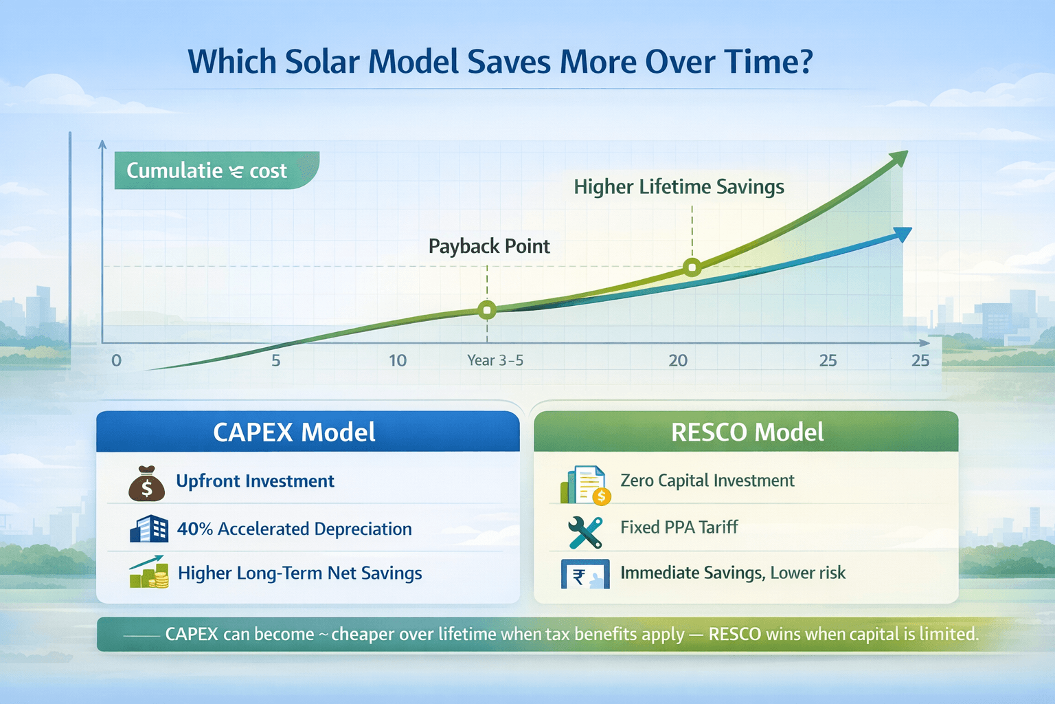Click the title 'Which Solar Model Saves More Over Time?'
coord(500,62)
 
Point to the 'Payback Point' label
coord(489,246)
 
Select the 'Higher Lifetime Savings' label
coord(679,187)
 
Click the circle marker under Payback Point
coord(487,310)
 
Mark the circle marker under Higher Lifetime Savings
coord(692,267)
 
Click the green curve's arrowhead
coord(899,159)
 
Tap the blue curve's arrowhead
coord(904,234)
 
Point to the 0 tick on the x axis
coord(116,360)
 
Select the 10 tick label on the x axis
coord(398,360)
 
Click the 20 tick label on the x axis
coord(678,360)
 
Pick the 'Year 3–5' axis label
coord(495,360)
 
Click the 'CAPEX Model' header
coord(294,432)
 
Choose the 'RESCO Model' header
coord(747,432)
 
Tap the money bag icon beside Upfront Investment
coord(147,483)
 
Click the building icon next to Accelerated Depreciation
coord(149,529)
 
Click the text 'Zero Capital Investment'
coord(707,481)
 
